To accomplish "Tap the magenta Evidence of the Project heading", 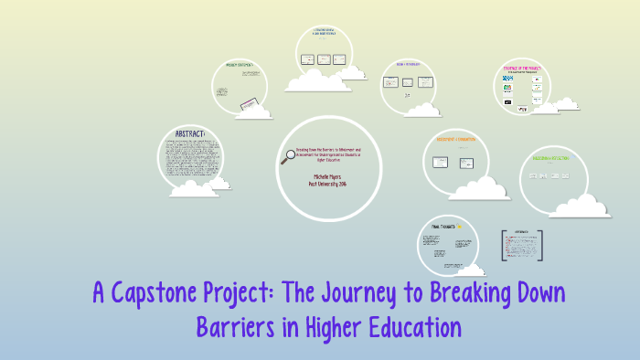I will (522, 68).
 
